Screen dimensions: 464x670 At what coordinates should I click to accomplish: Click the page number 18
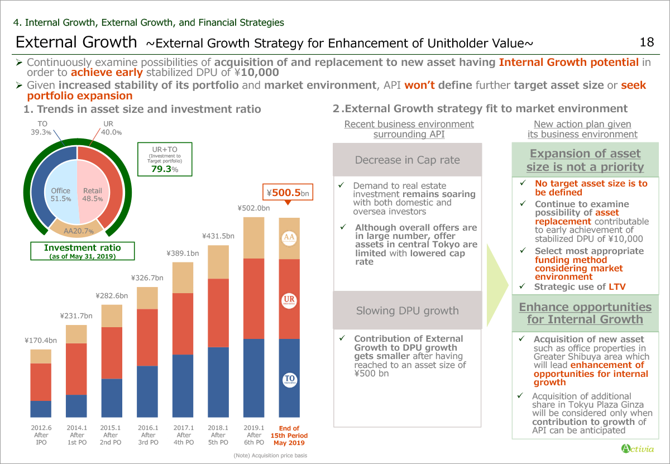[x=647, y=42]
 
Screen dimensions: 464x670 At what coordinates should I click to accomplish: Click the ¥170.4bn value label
[x=41, y=340]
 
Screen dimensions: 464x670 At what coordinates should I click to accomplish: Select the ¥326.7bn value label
[x=147, y=278]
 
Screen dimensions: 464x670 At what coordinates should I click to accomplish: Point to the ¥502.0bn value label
[x=254, y=208]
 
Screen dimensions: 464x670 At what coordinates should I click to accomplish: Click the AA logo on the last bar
[x=289, y=238]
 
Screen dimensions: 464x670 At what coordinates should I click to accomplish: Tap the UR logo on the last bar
[x=289, y=300]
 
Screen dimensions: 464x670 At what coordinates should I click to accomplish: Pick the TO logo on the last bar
[x=289, y=380]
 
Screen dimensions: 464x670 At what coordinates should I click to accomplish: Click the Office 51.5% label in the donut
[x=61, y=194]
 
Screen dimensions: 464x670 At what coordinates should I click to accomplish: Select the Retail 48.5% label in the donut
[x=93, y=194]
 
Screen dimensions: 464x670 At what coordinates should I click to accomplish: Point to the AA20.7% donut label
[x=78, y=231]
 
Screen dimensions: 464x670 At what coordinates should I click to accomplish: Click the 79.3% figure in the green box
[x=165, y=169]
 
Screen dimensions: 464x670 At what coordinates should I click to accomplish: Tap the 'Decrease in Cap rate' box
[x=407, y=160]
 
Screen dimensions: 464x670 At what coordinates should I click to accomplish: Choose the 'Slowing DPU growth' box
[x=407, y=310]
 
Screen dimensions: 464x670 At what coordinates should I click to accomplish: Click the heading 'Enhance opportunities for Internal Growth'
[x=585, y=313]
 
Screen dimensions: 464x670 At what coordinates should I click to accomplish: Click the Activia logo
[x=637, y=448]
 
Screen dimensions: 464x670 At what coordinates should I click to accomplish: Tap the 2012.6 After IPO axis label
[x=41, y=435]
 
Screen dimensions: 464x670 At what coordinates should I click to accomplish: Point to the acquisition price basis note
[x=270, y=456]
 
